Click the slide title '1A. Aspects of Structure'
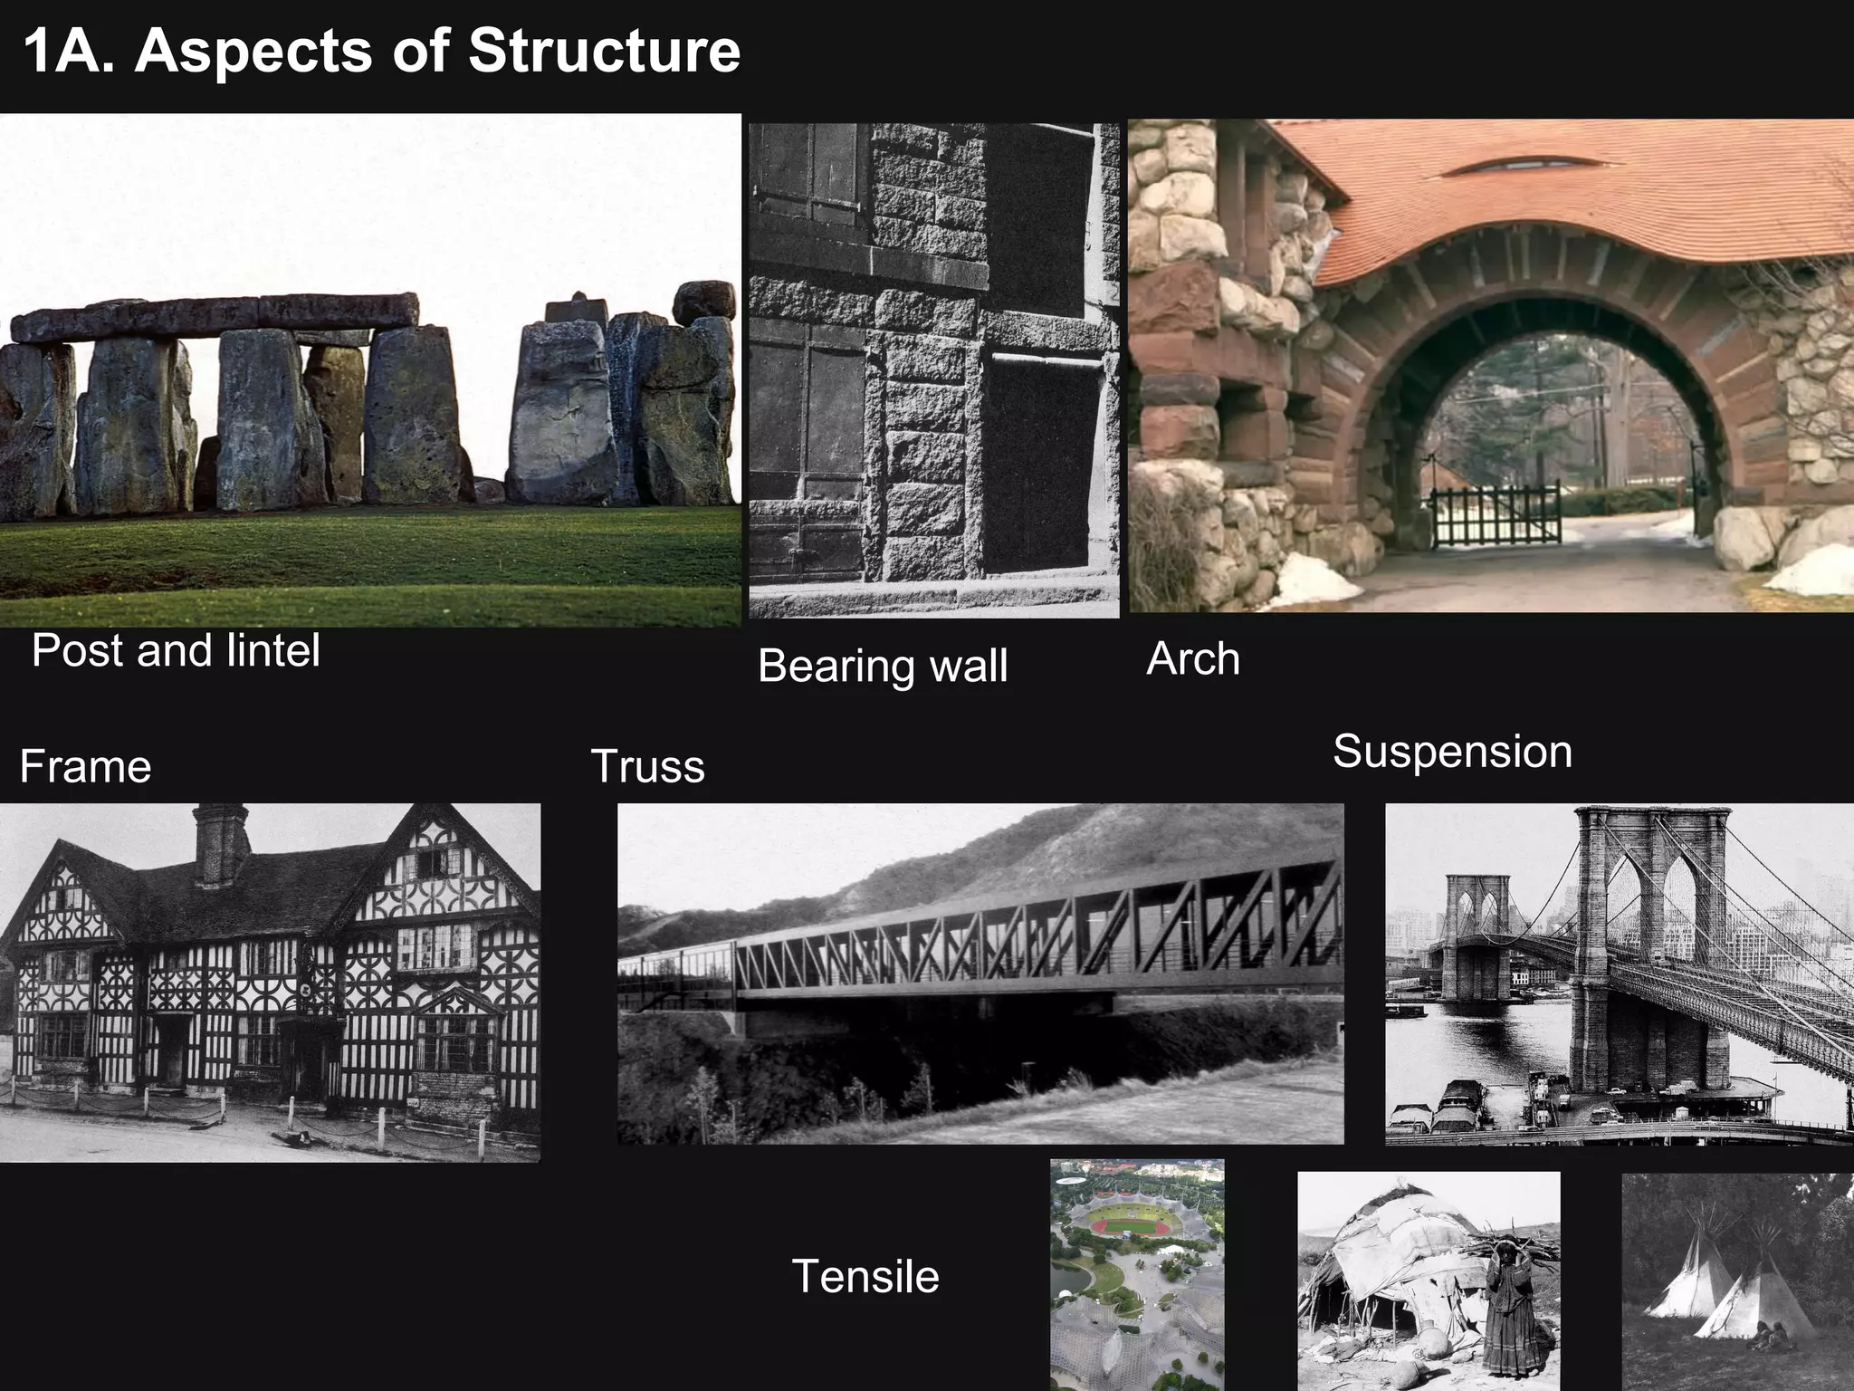(381, 51)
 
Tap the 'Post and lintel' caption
(176, 650)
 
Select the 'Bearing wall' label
(883, 666)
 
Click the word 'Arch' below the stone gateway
(1192, 658)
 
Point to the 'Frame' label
(85, 766)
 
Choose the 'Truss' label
(647, 766)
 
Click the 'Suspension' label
(1452, 752)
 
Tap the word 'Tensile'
(865, 1276)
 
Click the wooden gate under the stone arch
(1496, 515)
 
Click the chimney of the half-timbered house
(221, 843)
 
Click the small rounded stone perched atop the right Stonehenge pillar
(704, 302)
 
